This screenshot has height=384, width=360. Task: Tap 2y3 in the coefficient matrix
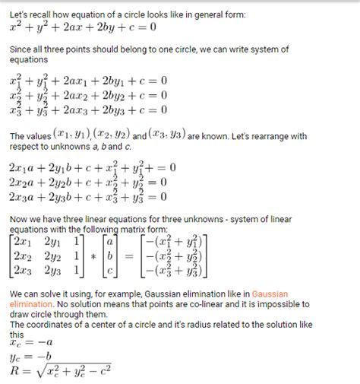coord(52,271)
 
